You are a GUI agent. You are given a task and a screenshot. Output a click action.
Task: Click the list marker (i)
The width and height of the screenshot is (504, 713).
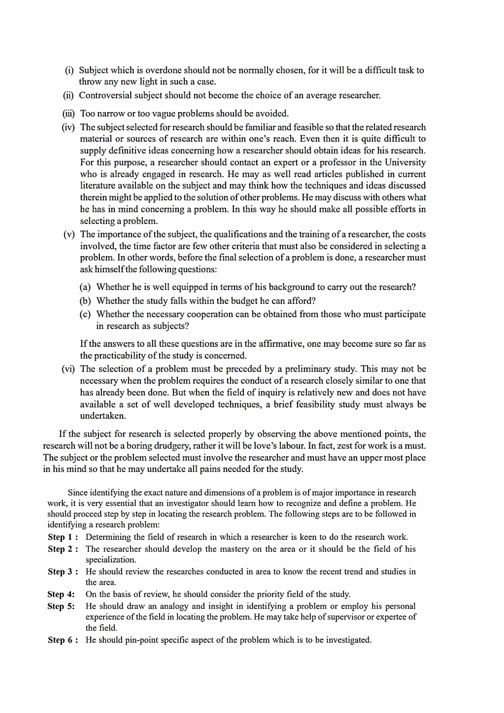[69, 70]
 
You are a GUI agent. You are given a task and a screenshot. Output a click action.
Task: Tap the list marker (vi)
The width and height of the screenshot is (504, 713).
[68, 369]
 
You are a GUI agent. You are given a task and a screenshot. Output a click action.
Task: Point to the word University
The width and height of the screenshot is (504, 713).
[405, 162]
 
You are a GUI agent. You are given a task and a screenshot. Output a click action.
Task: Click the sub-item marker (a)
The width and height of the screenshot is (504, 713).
[85, 287]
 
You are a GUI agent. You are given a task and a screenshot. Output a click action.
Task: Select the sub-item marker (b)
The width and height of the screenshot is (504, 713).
[85, 301]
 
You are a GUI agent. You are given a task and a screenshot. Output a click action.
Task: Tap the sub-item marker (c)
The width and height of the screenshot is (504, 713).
[85, 314]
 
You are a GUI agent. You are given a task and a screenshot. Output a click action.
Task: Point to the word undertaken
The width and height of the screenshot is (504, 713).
[103, 416]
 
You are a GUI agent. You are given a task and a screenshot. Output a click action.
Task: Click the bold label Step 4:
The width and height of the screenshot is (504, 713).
[61, 594]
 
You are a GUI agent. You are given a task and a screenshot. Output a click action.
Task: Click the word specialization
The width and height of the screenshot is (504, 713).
[111, 560]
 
